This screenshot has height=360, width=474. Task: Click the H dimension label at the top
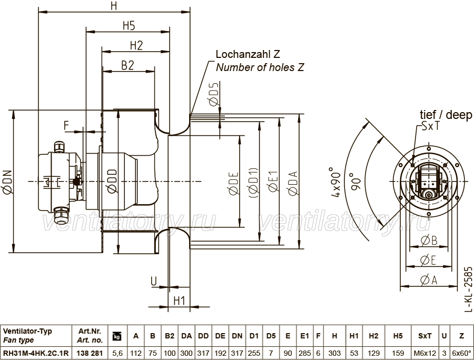click(114, 6)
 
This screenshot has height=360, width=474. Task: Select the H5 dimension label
click(129, 26)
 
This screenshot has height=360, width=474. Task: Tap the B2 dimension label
click(127, 65)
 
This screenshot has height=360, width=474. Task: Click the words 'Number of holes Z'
click(260, 67)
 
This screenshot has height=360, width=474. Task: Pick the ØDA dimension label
click(293, 183)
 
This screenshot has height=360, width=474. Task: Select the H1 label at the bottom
click(179, 301)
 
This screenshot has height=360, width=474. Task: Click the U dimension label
click(154, 281)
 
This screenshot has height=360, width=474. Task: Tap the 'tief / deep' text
click(446, 115)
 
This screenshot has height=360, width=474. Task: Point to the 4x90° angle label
click(336, 182)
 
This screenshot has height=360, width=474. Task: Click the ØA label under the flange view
click(429, 280)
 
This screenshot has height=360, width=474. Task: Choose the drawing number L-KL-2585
click(468, 289)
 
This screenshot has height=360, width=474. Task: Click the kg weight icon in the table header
click(117, 336)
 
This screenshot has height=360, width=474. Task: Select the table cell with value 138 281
click(90, 353)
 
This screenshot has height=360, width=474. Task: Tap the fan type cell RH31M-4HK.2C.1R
click(36, 353)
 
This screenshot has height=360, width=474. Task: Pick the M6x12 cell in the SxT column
click(424, 353)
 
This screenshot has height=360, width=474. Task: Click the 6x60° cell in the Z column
click(461, 353)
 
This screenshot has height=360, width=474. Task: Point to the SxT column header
click(424, 336)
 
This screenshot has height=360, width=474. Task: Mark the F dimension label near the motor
click(67, 125)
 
